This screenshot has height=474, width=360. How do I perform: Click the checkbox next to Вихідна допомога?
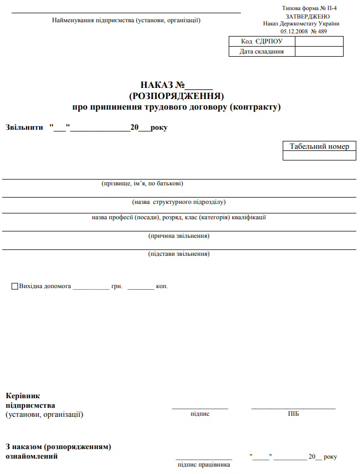(x=15, y=287)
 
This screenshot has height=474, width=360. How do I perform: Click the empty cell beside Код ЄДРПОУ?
(x=319, y=41)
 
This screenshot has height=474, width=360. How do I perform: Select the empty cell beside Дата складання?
(x=319, y=51)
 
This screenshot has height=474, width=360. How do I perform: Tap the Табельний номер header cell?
(x=319, y=146)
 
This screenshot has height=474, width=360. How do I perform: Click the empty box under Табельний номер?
(x=319, y=156)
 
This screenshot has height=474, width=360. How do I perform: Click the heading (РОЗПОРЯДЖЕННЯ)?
(x=176, y=96)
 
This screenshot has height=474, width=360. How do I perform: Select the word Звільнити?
(x=24, y=128)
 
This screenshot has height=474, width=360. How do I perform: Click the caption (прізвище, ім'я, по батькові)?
(x=142, y=184)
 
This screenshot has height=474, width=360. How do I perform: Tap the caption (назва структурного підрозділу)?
(x=179, y=202)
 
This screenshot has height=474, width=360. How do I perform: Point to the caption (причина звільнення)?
(x=179, y=236)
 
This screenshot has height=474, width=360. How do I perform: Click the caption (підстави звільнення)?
(x=179, y=254)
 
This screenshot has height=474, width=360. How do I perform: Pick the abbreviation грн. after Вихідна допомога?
(x=117, y=287)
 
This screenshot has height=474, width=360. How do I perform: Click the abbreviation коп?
(x=162, y=287)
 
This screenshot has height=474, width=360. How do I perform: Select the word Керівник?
(x=23, y=396)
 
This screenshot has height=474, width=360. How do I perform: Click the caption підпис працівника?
(x=204, y=464)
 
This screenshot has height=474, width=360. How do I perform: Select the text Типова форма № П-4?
(x=310, y=9)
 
